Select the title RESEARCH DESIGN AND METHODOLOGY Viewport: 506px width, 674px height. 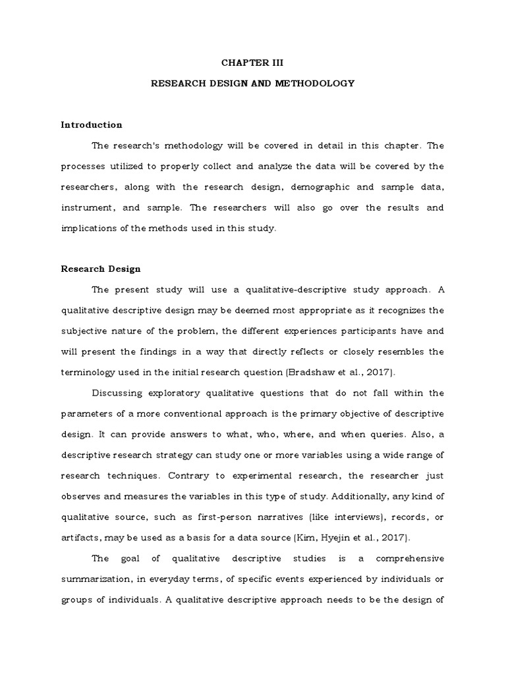253,84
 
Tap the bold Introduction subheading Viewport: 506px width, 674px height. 92,124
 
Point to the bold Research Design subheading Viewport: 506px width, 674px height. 101,269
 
